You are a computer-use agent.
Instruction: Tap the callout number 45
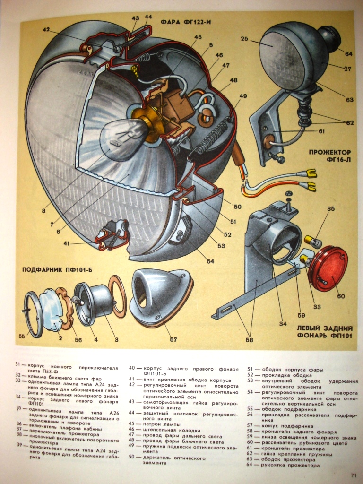[198, 37]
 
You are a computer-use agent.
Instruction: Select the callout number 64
[348, 54]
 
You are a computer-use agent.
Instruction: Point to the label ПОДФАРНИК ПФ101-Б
[57, 270]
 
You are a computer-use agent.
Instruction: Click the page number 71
[354, 475]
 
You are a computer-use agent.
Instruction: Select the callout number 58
[250, 340]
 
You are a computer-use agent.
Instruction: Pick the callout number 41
[67, 243]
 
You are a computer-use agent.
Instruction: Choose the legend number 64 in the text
[250, 465]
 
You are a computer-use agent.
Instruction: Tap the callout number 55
[21, 337]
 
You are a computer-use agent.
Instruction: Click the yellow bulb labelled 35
[309, 240]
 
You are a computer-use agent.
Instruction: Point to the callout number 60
[341, 296]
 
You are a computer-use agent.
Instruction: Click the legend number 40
[132, 368]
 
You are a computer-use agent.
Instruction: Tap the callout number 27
[347, 69]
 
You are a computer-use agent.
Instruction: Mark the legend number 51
[250, 369]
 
